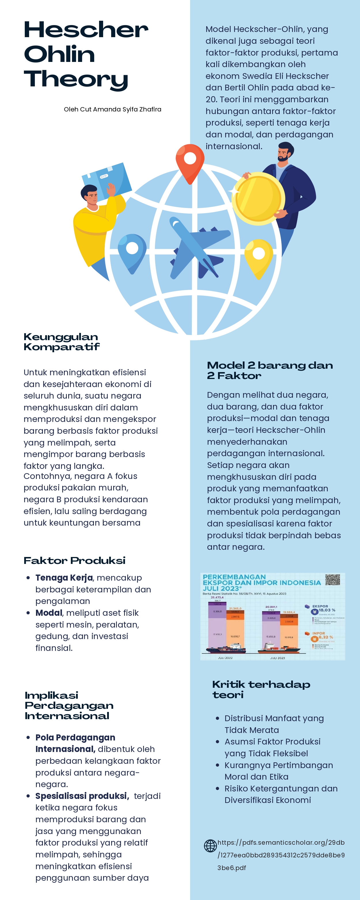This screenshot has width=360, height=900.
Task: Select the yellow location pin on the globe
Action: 259,257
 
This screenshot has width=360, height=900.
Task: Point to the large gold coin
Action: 258,198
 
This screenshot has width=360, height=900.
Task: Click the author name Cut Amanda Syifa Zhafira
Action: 113,109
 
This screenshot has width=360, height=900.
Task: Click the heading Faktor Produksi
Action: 74,560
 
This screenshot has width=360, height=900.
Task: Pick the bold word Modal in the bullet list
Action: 49,613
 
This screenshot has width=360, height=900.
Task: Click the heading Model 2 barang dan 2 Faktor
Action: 270,370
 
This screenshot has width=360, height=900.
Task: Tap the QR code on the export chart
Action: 332,580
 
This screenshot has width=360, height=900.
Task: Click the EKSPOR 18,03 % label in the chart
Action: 324,608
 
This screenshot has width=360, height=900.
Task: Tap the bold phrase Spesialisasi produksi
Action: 82,795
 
